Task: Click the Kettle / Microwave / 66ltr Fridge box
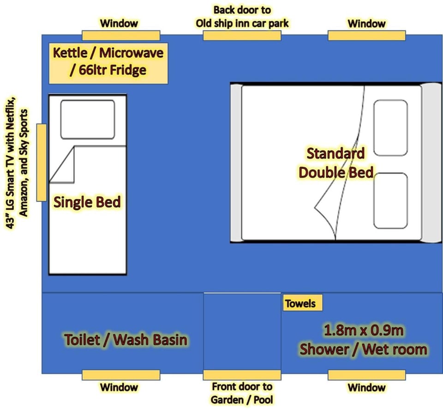[x=108, y=62]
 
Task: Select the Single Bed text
[x=88, y=202]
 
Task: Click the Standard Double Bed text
[x=336, y=163]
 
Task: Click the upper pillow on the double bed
[x=390, y=127]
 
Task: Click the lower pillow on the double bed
[x=390, y=200]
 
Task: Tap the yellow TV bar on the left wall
[x=42, y=162]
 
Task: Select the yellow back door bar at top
[x=242, y=36]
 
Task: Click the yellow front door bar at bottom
[x=242, y=375]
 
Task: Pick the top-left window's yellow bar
[x=121, y=36]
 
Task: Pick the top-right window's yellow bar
[x=367, y=36]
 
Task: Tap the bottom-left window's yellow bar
[x=121, y=375]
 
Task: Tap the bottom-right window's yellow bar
[x=367, y=375]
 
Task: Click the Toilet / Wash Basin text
[x=126, y=340]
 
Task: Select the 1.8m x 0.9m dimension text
[x=363, y=331]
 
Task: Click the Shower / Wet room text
[x=363, y=350]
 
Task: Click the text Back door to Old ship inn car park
[x=242, y=16]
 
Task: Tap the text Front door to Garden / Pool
[x=242, y=392]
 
